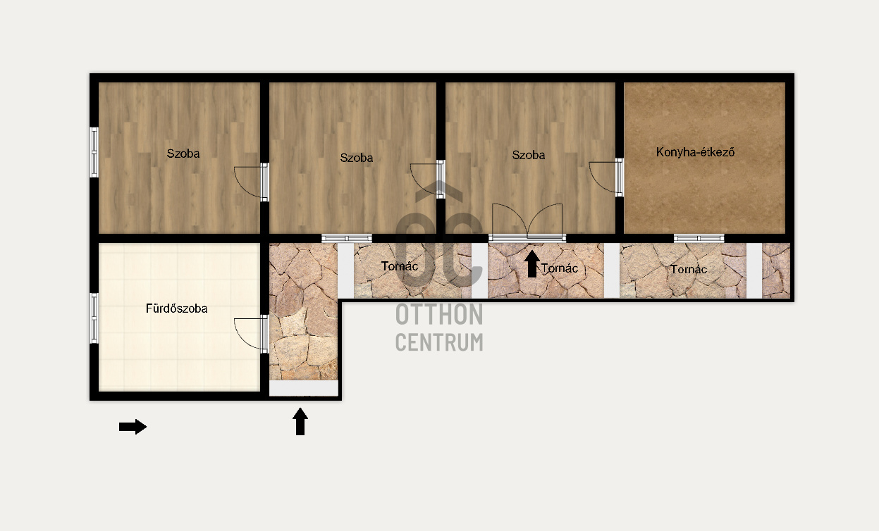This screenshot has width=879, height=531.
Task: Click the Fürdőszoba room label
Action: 177,308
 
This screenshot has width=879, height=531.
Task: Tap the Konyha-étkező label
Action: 695,152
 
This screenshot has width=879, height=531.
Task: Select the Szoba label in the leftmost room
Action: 183,154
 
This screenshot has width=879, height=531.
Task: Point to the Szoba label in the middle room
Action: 356,158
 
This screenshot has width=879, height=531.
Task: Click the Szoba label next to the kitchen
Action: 528,155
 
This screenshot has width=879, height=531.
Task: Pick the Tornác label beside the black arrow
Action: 560,268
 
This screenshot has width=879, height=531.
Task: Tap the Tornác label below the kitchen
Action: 688,270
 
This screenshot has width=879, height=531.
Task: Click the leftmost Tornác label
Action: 400,266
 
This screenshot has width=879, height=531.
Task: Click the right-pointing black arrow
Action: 133,427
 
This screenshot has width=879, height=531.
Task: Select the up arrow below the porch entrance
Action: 300,421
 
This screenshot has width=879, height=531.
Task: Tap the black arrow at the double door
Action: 532,264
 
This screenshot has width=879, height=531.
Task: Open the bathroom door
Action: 251,333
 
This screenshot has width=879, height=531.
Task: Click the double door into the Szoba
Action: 527,222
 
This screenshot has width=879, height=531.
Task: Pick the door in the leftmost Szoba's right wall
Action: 251,182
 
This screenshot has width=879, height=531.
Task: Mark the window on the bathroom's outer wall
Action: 94,318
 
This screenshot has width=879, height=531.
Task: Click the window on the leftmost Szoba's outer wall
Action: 94,152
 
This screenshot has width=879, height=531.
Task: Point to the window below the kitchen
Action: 699,238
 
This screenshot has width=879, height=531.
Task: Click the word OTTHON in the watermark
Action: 439,314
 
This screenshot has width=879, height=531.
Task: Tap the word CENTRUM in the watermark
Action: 439,342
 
